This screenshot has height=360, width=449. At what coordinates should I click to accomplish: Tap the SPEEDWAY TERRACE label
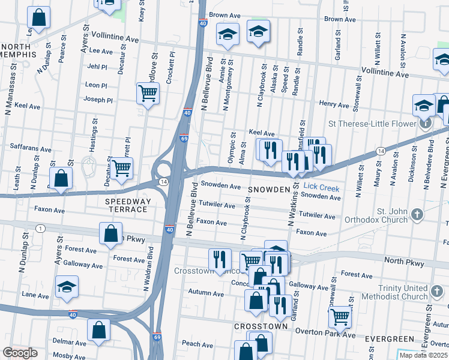(126, 205)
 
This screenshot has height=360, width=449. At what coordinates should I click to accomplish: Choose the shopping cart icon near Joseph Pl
(147, 94)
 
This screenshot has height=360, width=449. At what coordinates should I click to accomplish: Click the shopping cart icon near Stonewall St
(340, 316)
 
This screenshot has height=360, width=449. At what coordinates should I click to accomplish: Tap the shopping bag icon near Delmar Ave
(98, 329)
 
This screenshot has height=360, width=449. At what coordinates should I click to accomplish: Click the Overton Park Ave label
(332, 335)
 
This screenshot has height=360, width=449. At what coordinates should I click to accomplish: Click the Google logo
(20, 352)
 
